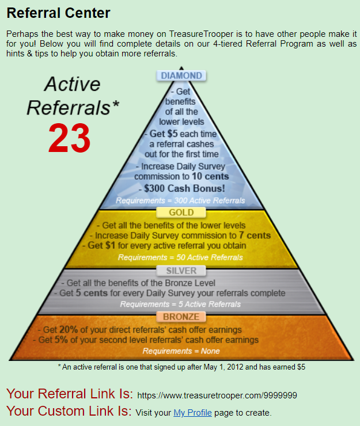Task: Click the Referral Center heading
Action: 58,12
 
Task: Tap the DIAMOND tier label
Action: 181,76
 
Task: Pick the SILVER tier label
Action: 181,271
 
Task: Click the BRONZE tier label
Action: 181,317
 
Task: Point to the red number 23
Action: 69,139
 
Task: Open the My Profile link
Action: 192,413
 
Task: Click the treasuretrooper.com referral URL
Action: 217,395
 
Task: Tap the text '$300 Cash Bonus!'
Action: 181,188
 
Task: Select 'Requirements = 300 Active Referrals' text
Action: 180,201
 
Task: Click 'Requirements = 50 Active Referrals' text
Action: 180,257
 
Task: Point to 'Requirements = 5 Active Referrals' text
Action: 180,304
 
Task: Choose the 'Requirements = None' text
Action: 180,351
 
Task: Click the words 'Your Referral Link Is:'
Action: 70,394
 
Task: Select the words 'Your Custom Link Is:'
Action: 69,412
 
